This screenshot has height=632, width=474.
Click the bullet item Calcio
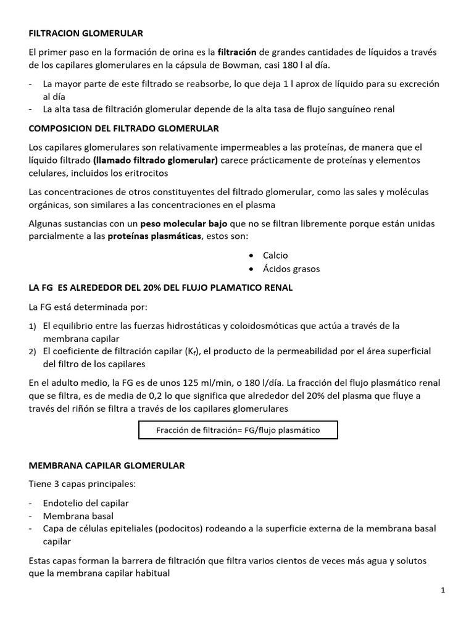click(275, 256)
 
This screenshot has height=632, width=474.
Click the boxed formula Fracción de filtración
click(238, 430)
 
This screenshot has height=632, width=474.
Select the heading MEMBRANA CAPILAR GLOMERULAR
click(107, 467)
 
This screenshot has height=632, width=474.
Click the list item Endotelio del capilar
click(86, 503)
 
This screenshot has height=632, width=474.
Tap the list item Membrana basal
click(78, 516)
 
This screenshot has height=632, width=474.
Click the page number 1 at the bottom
click(443, 591)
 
